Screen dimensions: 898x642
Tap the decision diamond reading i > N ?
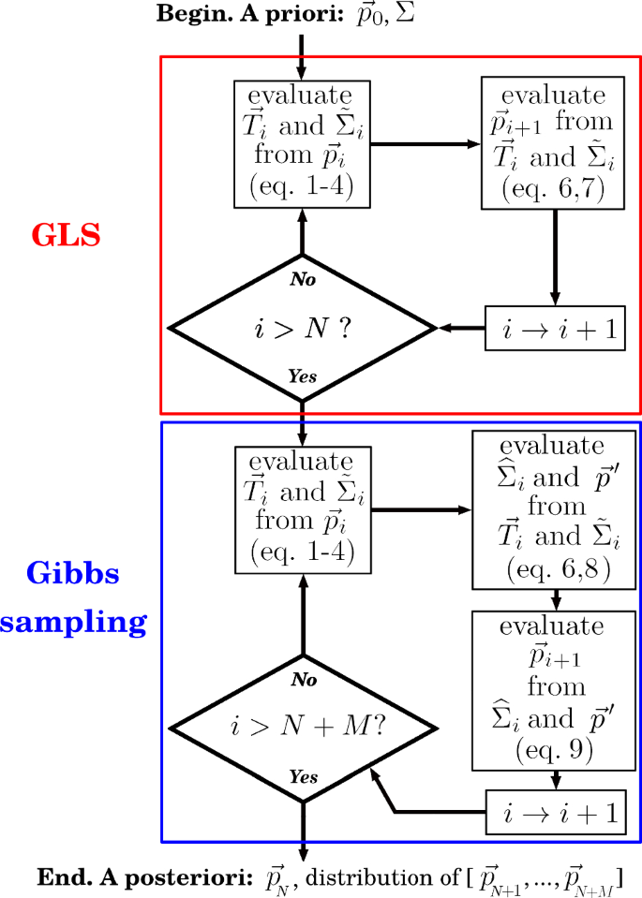(x=302, y=328)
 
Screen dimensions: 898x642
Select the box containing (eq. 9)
(x=557, y=690)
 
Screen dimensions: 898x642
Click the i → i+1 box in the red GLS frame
(x=555, y=329)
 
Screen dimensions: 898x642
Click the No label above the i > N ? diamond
(x=302, y=279)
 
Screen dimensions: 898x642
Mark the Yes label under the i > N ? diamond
(x=302, y=376)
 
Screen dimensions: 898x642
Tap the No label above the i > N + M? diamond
(x=302, y=680)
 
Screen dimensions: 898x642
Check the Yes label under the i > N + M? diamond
(x=302, y=778)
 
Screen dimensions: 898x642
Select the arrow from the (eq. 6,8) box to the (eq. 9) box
(x=557, y=597)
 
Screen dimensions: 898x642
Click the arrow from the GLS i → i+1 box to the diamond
(x=461, y=329)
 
